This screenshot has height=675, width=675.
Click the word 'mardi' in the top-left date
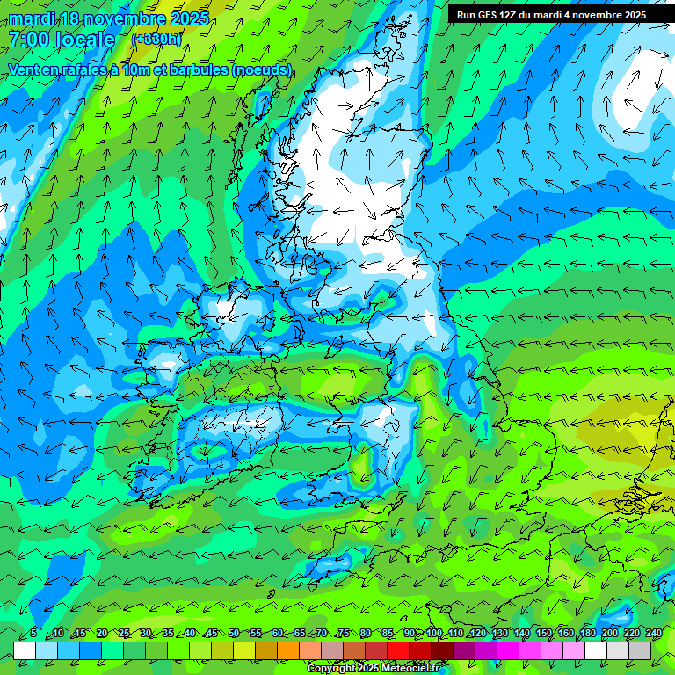[33, 18]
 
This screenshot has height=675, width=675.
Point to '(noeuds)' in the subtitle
[263, 69]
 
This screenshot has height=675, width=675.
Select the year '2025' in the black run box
[630, 15]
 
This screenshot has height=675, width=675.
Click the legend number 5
[33, 633]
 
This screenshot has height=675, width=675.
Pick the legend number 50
[234, 633]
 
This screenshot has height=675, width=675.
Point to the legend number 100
[433, 633]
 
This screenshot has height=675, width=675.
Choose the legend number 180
[586, 633]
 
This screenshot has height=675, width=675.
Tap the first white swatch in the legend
[25, 650]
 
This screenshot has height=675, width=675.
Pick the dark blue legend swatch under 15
[91, 650]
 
